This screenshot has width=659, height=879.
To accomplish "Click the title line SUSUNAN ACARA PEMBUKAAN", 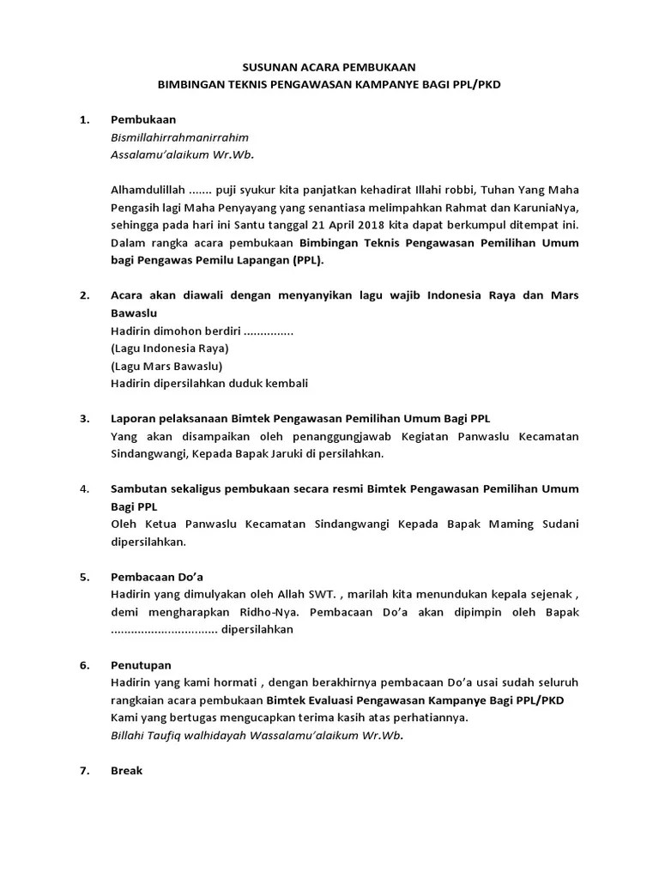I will click(329, 66).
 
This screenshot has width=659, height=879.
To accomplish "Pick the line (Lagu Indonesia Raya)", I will click(170, 349).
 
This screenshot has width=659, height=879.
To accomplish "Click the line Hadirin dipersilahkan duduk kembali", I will click(209, 384).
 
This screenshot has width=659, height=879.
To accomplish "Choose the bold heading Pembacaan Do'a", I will click(157, 577).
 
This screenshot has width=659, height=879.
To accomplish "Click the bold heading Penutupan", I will click(142, 665).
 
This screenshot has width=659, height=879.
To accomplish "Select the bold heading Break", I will click(127, 771).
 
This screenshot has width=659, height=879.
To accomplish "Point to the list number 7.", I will click(85, 771).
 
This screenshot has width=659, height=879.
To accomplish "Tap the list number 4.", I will click(85, 489).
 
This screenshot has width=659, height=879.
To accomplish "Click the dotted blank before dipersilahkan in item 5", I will click(164, 630).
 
